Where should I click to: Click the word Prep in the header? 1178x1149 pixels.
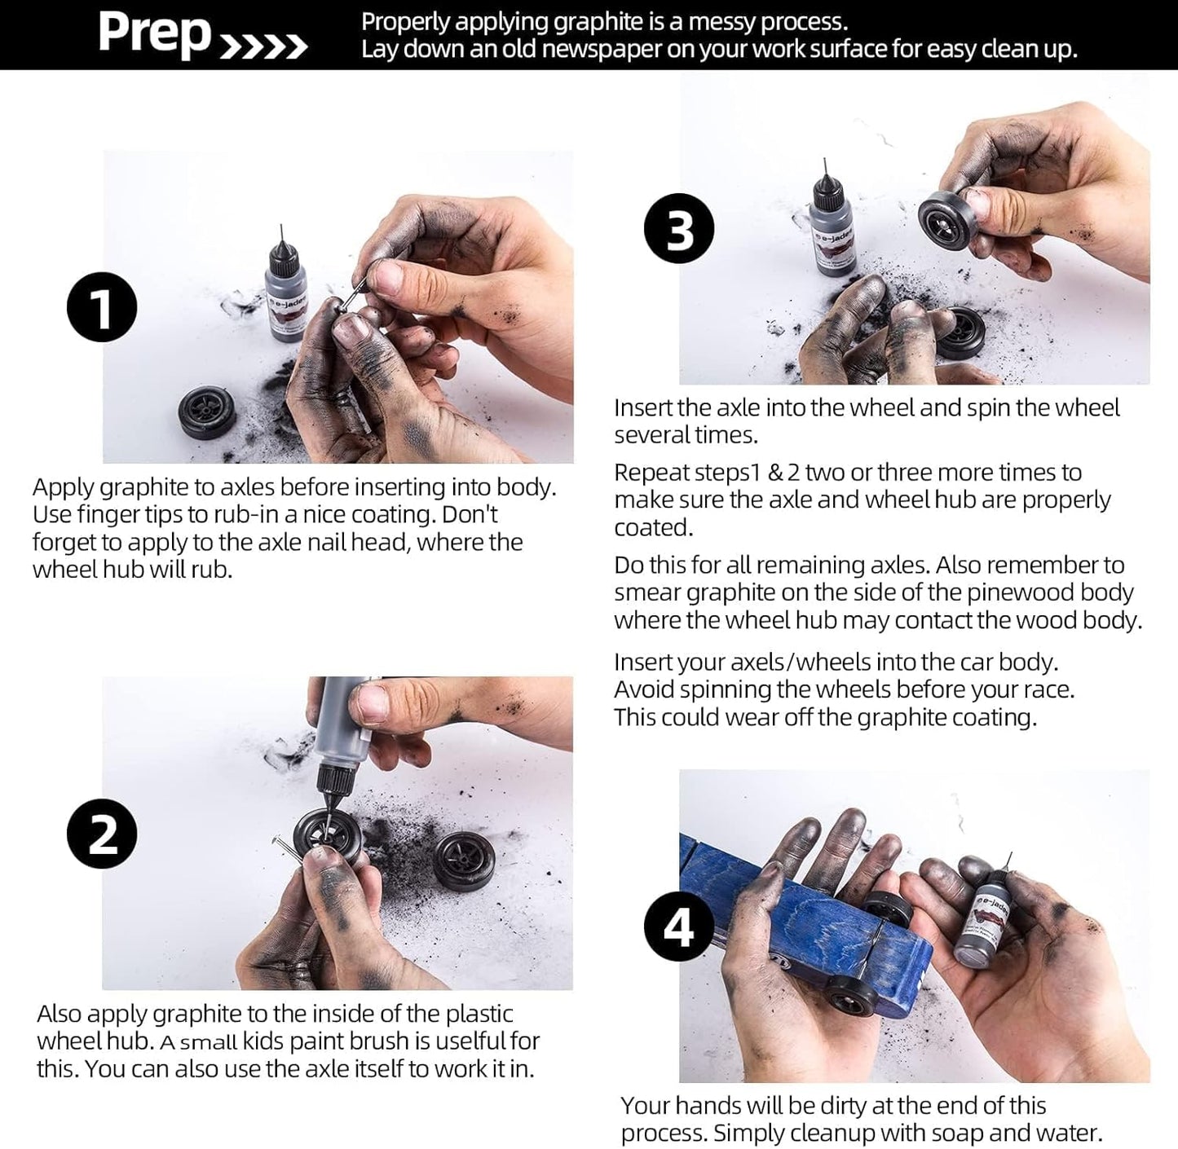pyautogui.click(x=154, y=34)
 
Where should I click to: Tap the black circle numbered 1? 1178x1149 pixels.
pyautogui.click(x=101, y=307)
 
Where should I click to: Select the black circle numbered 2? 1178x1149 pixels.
pyautogui.click(x=101, y=834)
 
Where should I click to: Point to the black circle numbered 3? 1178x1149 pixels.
pyautogui.click(x=679, y=229)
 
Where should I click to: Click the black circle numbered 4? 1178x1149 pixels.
pyautogui.click(x=679, y=927)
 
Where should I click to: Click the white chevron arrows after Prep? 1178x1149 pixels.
pyautogui.click(x=264, y=47)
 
